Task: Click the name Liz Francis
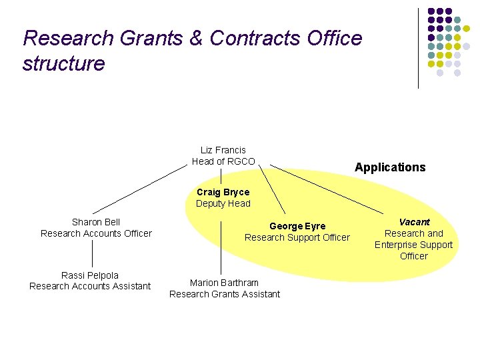point(223,150)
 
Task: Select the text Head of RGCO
point(223,161)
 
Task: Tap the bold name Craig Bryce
point(223,192)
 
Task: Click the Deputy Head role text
point(223,203)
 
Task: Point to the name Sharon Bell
point(96,222)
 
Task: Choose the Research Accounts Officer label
point(96,233)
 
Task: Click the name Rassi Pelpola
point(90,275)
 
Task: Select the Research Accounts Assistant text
point(90,287)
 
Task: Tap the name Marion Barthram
point(224,283)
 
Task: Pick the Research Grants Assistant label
point(224,294)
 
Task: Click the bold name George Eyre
point(297,226)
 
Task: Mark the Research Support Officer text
point(297,237)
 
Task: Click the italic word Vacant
point(414,222)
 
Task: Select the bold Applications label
point(390,167)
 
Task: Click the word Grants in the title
point(149,39)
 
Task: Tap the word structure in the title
point(63,64)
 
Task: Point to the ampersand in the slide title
point(197,39)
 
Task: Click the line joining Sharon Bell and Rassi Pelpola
point(93,254)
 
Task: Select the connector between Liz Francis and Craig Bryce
point(221,176)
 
